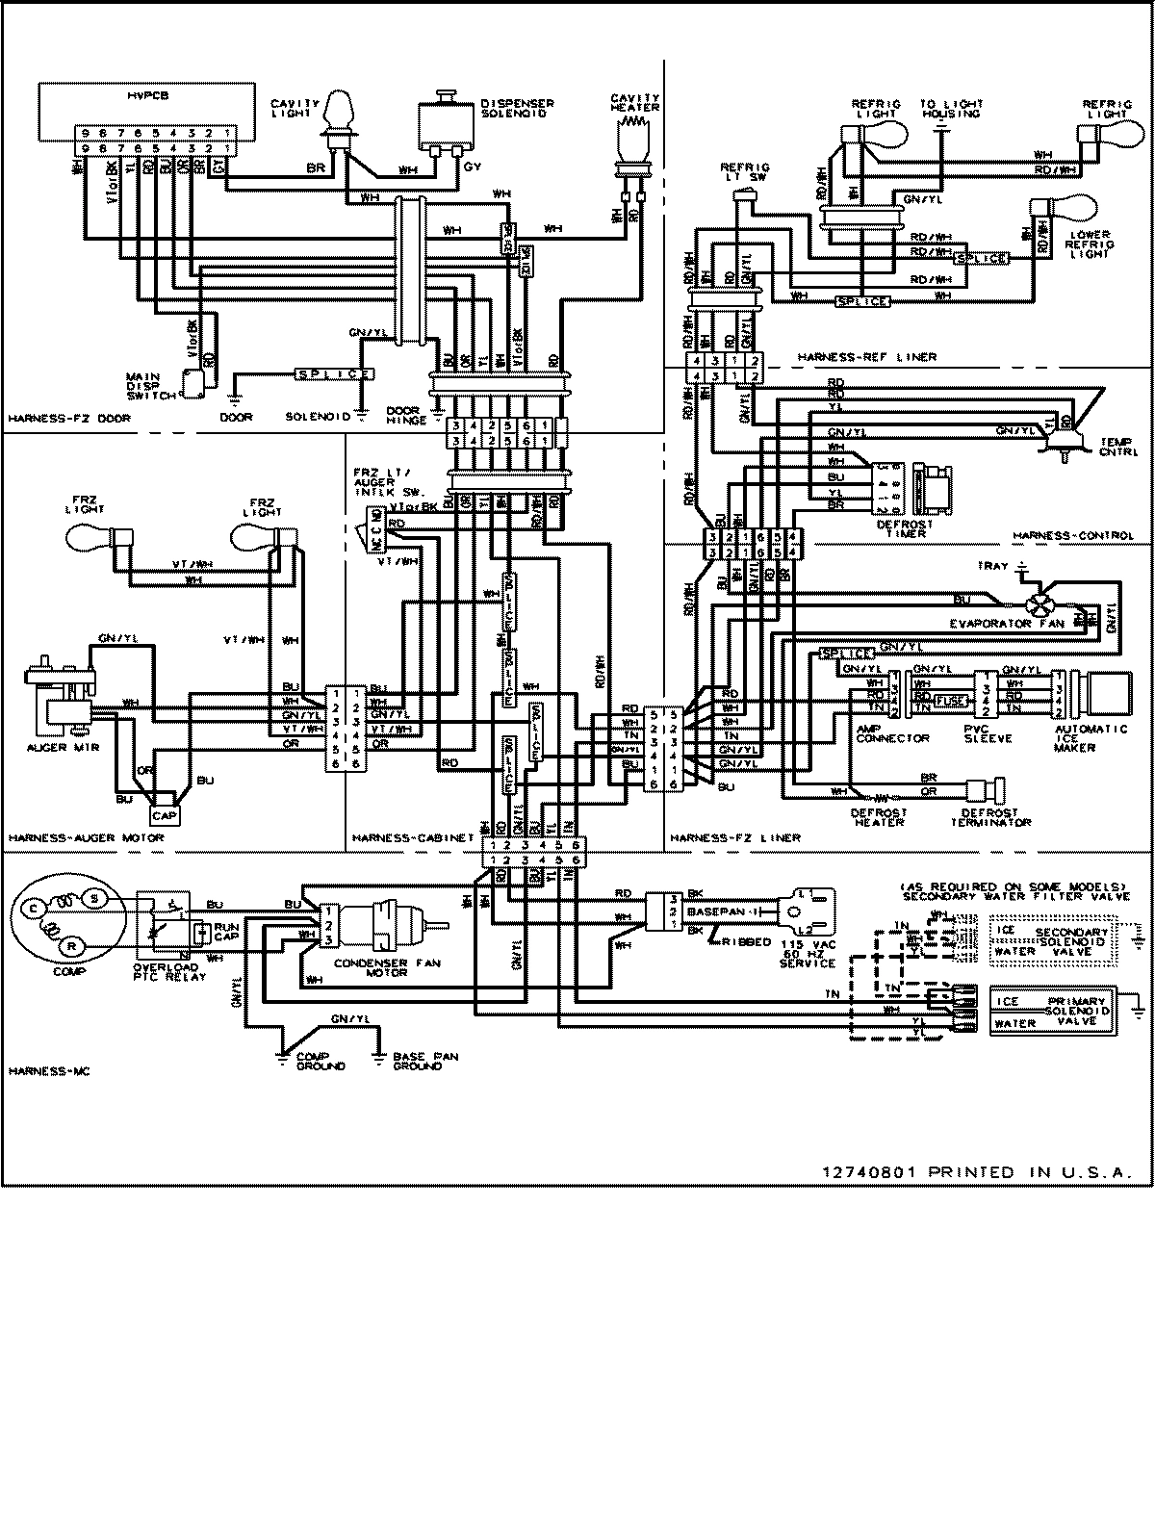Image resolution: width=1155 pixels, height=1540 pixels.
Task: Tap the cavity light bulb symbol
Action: tap(339, 113)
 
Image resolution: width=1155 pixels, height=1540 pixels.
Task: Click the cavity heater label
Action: tap(635, 102)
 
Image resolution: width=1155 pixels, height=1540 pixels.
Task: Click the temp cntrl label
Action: tap(1116, 446)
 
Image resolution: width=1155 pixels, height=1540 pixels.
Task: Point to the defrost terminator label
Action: tap(990, 817)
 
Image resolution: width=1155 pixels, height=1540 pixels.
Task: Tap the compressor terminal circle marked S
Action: tap(94, 897)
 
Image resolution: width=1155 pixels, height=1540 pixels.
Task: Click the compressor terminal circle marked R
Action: tap(71, 947)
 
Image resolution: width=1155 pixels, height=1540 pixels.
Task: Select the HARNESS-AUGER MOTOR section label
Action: tap(86, 837)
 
